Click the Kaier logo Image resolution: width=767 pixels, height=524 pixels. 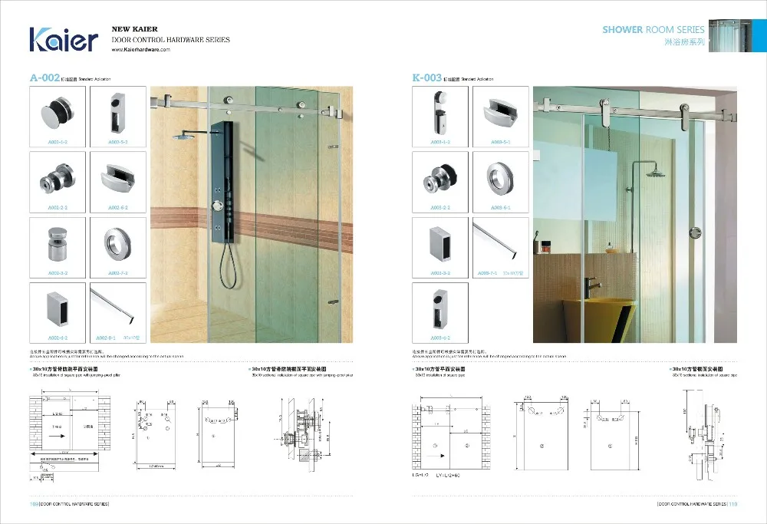click(64, 39)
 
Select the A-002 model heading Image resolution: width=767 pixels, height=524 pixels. click(44, 77)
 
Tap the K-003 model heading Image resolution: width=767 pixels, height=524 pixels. click(426, 77)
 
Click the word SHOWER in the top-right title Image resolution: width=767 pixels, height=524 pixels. click(622, 29)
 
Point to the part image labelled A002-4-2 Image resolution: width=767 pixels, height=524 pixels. click(58, 308)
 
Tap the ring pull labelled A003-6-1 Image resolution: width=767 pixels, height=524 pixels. click(500, 180)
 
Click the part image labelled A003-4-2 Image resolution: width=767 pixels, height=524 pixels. click(439, 309)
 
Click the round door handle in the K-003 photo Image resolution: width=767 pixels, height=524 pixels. click(696, 232)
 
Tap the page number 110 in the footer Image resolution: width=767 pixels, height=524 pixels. click(732, 504)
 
